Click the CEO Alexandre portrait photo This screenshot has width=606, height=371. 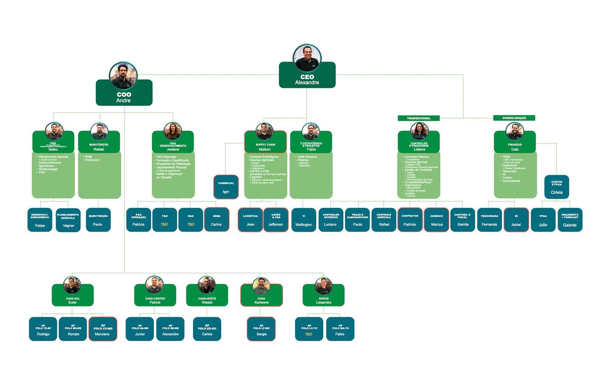pyautogui.click(x=307, y=58)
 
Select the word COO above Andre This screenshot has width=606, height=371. pyautogui.click(x=124, y=94)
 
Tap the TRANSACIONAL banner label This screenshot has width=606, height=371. pyautogui.click(x=419, y=118)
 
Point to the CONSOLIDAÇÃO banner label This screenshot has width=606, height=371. pyautogui.click(x=514, y=118)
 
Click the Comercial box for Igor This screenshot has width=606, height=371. pyautogui.click(x=226, y=187)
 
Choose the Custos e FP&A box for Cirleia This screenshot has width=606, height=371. pyautogui.click(x=556, y=187)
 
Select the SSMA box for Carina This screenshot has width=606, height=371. pyautogui.click(x=216, y=220)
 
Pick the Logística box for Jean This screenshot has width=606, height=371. pyautogui.click(x=250, y=220)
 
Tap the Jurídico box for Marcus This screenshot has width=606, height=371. pyautogui.click(x=436, y=220)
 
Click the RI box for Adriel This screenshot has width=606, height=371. pyautogui.click(x=516, y=220)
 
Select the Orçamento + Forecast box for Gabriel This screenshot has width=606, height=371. pyautogui.click(x=570, y=220)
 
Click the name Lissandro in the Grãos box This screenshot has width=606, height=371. pyautogui.click(x=323, y=302)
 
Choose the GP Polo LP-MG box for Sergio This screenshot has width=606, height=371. pyautogui.click(x=261, y=329)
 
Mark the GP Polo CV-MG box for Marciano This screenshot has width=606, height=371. pyautogui.click(x=103, y=329)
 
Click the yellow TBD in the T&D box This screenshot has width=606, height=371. pyautogui.click(x=164, y=224)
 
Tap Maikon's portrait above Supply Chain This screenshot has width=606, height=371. pyautogui.click(x=264, y=131)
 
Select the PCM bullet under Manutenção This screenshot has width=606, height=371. pyautogui.click(x=89, y=157)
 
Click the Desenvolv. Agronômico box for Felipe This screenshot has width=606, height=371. pyautogui.click(x=40, y=220)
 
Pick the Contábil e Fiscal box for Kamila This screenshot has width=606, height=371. pyautogui.click(x=462, y=220)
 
